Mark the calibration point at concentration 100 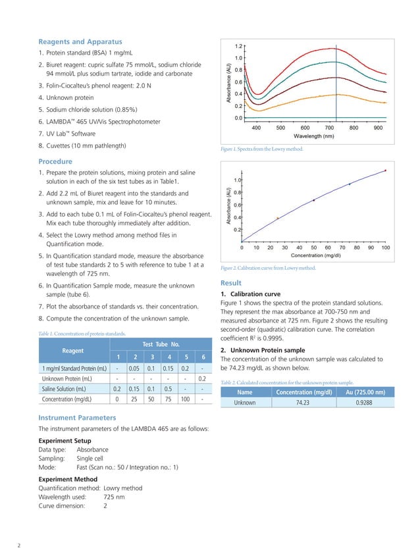386,170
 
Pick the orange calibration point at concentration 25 278,218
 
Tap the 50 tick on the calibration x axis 314,248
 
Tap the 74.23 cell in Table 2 303,402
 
